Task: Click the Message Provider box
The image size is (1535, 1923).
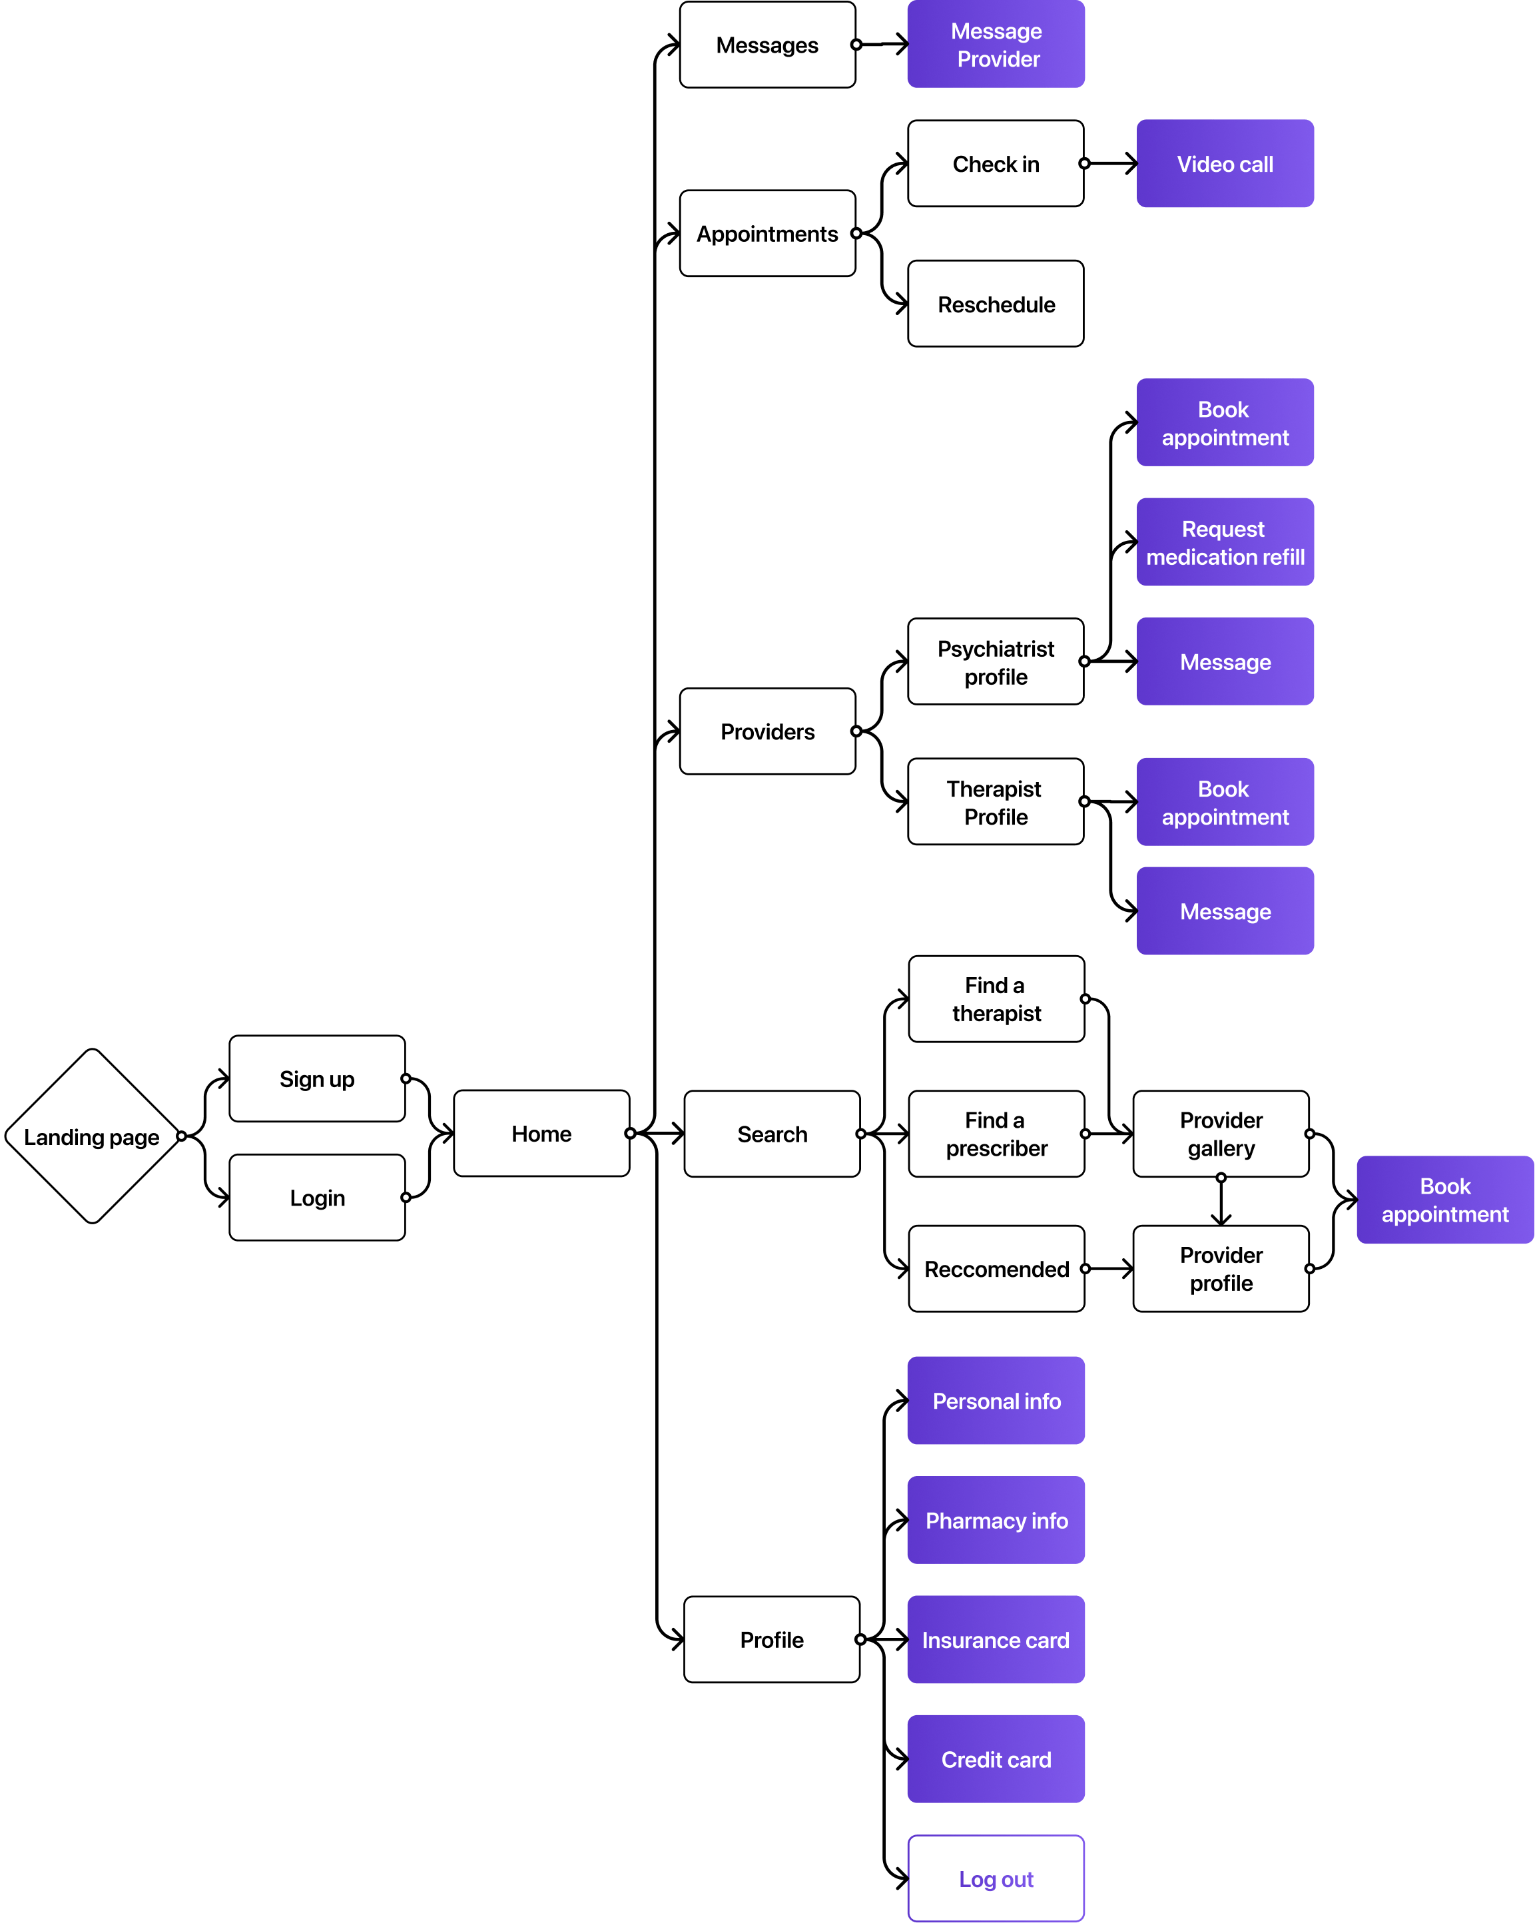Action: tap(996, 45)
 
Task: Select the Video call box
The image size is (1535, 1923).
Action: tap(1225, 164)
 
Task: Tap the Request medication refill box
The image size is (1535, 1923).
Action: tap(1225, 542)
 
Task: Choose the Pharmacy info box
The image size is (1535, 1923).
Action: tap(996, 1520)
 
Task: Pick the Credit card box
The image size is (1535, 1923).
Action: tap(996, 1759)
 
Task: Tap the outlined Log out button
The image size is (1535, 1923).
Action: tap(996, 1878)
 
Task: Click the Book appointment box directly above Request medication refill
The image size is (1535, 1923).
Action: tap(1225, 423)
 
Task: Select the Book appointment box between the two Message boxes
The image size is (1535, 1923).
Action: tap(1225, 802)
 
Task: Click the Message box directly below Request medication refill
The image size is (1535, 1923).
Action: tap(1225, 662)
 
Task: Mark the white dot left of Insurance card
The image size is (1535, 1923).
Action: tap(860, 1639)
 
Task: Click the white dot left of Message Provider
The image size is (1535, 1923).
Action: tap(856, 45)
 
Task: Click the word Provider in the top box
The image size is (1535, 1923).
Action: tap(998, 60)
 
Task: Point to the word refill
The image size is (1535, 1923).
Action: tap(1283, 558)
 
